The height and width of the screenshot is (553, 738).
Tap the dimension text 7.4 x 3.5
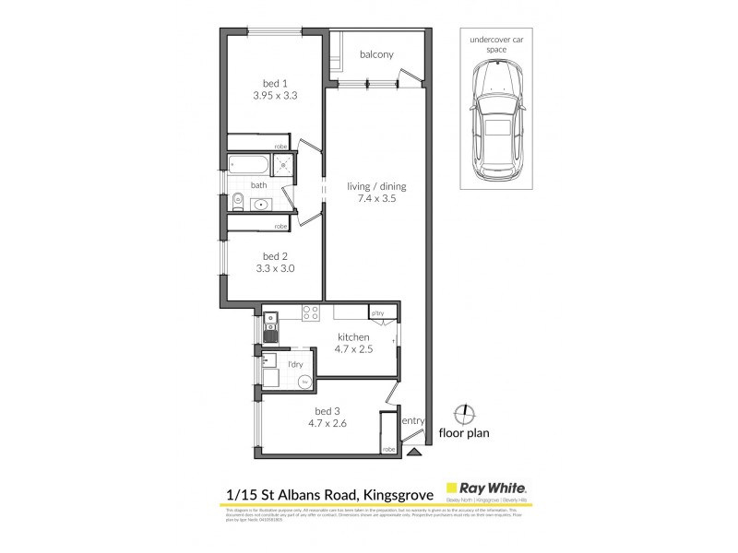pos(376,198)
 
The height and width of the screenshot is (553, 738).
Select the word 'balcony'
pos(376,54)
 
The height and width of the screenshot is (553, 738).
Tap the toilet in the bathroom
pos(237,201)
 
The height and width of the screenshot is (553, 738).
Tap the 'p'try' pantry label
pos(376,312)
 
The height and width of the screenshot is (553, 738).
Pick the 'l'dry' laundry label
pos(295,366)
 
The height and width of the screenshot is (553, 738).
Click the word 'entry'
pos(414,421)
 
